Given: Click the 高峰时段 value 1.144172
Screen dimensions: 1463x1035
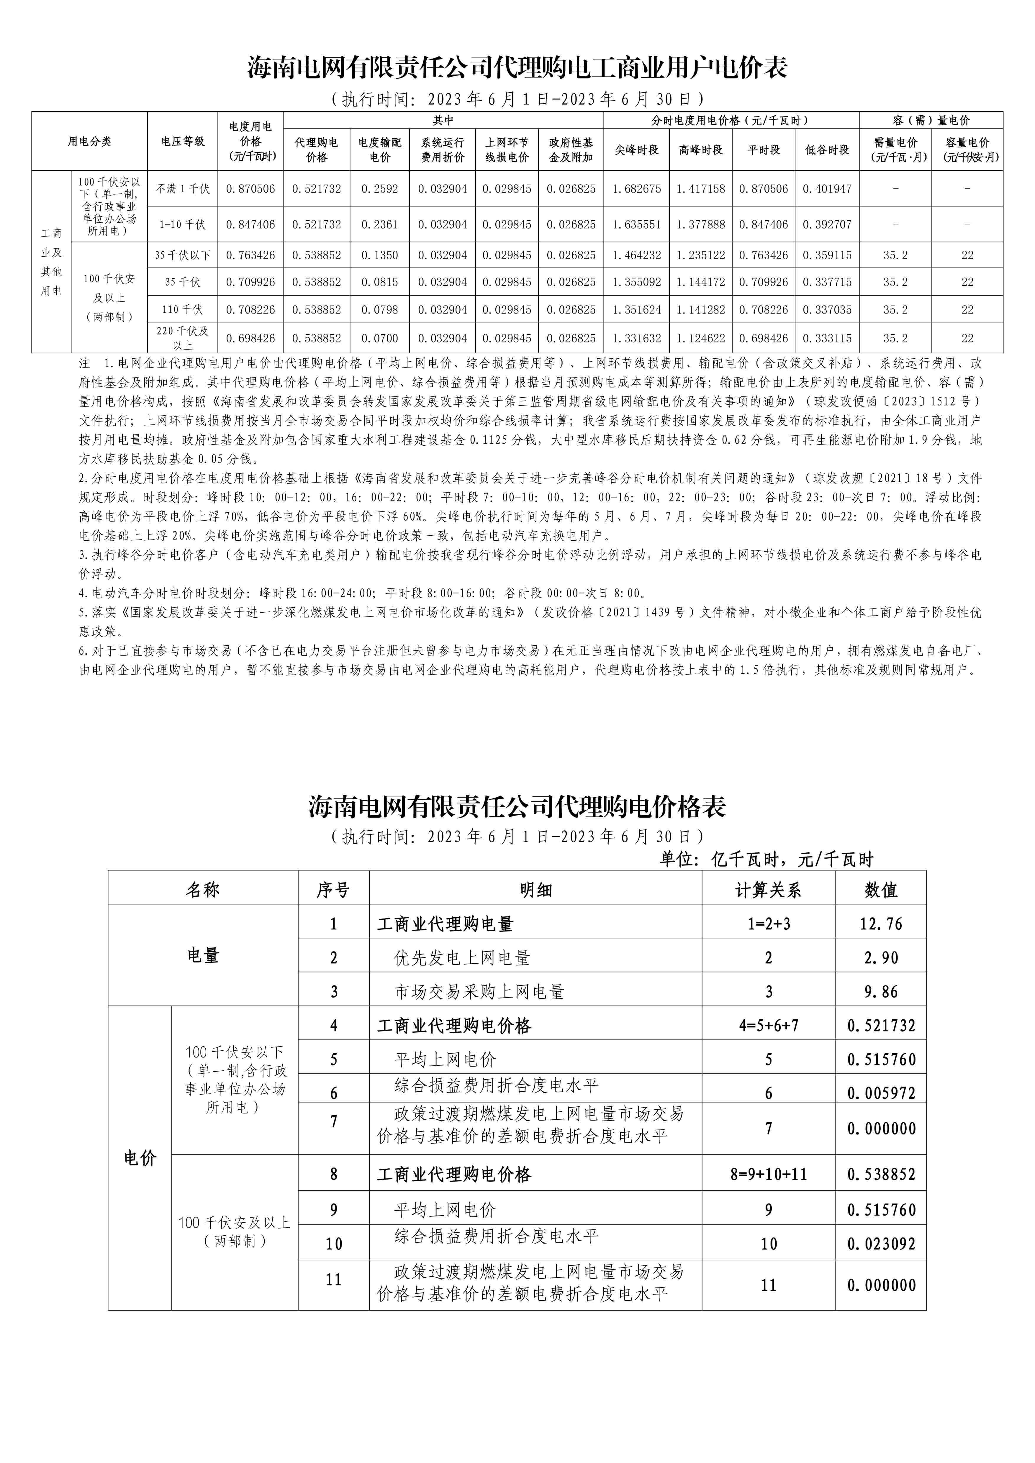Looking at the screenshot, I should [x=700, y=282].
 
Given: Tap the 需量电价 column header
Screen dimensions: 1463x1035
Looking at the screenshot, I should [x=895, y=150].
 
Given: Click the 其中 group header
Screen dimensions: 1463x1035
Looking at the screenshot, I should [x=443, y=120].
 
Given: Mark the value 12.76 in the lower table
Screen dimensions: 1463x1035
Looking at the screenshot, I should [x=881, y=924].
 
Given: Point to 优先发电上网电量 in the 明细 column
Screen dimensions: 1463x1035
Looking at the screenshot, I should [x=462, y=958].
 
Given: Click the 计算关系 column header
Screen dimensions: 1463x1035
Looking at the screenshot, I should [x=769, y=890].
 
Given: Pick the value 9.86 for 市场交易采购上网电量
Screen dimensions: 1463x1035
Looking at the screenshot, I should [x=881, y=991].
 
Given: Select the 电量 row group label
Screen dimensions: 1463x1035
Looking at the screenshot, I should [x=203, y=956].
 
